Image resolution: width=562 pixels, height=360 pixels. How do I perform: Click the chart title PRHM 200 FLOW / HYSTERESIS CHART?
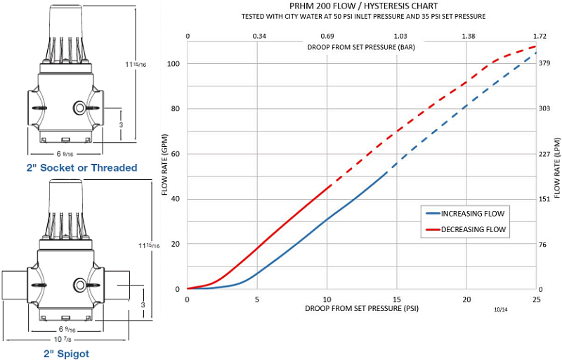click(x=362, y=6)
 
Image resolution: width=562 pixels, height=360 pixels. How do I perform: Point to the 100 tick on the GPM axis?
click(x=174, y=63)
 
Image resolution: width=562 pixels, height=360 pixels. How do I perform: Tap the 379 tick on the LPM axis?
click(x=545, y=63)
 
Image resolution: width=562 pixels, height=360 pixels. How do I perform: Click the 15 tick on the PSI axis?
click(x=397, y=299)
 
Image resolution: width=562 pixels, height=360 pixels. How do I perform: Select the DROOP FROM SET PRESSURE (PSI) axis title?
click(x=362, y=309)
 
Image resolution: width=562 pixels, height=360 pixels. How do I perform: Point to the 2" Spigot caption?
click(x=67, y=354)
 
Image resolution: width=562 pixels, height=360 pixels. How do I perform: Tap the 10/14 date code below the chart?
click(x=499, y=308)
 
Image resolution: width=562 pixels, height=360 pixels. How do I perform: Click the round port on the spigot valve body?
click(x=79, y=285)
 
